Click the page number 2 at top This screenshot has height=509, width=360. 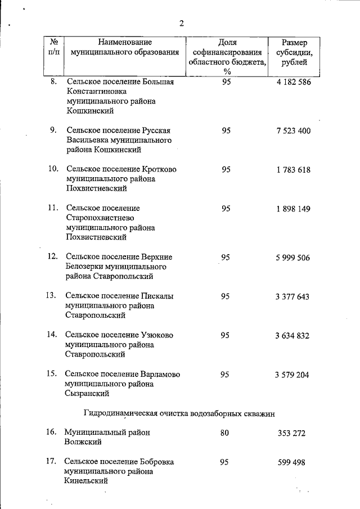(x=181, y=23)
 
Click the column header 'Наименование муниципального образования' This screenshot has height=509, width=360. (x=125, y=47)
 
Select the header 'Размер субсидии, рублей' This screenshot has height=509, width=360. (x=295, y=52)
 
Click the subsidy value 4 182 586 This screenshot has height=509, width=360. (x=293, y=82)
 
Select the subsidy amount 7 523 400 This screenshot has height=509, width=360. (x=293, y=130)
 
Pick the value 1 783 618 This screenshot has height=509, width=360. (x=293, y=170)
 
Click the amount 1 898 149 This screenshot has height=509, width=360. (x=293, y=209)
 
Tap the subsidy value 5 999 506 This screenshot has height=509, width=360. (x=293, y=258)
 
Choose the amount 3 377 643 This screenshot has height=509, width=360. (x=293, y=296)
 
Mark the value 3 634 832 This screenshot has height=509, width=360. (x=293, y=336)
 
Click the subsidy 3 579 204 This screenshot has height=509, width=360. (x=293, y=375)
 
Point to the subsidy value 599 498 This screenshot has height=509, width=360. (x=291, y=462)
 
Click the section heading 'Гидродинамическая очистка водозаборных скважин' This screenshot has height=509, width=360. (x=179, y=413)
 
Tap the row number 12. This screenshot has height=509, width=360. (x=52, y=256)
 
